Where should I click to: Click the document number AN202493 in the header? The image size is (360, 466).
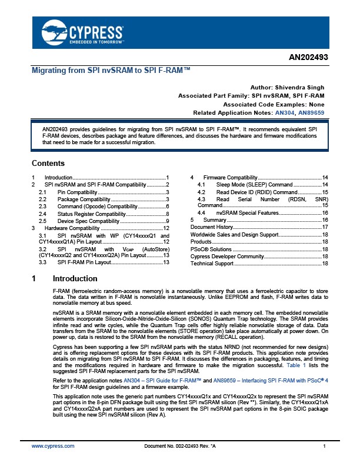(x=309, y=58)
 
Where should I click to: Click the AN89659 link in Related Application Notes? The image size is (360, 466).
(x=312, y=112)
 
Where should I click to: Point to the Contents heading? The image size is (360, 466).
(x=48, y=164)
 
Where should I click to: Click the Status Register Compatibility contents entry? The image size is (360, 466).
(x=85, y=214)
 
